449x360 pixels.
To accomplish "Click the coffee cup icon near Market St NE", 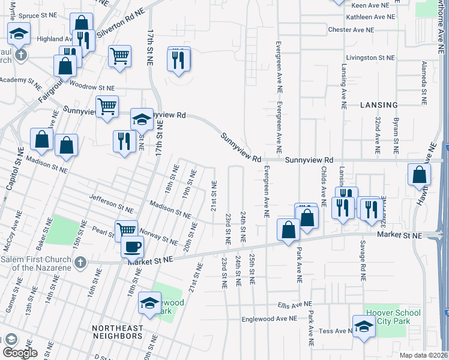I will pos(133,246).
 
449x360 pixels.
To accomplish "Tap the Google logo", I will pos(20,352).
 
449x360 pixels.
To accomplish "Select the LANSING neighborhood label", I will pos(379,104).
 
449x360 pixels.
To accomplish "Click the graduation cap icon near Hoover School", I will pos(363,326).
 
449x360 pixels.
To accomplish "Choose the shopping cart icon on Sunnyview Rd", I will pos(107,107).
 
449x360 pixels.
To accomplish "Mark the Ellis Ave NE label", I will pos(296,305).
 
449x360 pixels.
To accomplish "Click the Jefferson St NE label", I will pos(110,203).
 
